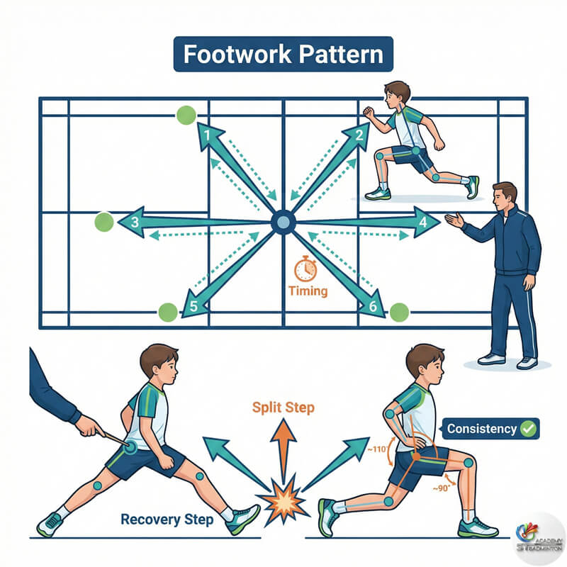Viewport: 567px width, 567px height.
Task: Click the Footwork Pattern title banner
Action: pos(283,54)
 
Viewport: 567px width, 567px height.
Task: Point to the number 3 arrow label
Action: pos(135,222)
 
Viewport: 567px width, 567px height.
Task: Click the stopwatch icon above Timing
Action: pos(305,269)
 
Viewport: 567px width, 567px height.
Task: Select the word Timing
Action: pos(308,291)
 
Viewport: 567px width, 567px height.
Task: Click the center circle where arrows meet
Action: pos(283,223)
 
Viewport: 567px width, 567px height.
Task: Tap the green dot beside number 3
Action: pos(104,222)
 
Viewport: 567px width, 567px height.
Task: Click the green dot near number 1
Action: pos(186,115)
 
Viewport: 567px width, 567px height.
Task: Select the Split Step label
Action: pos(282,409)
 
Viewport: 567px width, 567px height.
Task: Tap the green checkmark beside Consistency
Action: pos(528,429)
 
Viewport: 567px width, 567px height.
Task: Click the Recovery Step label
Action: pos(167,520)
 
